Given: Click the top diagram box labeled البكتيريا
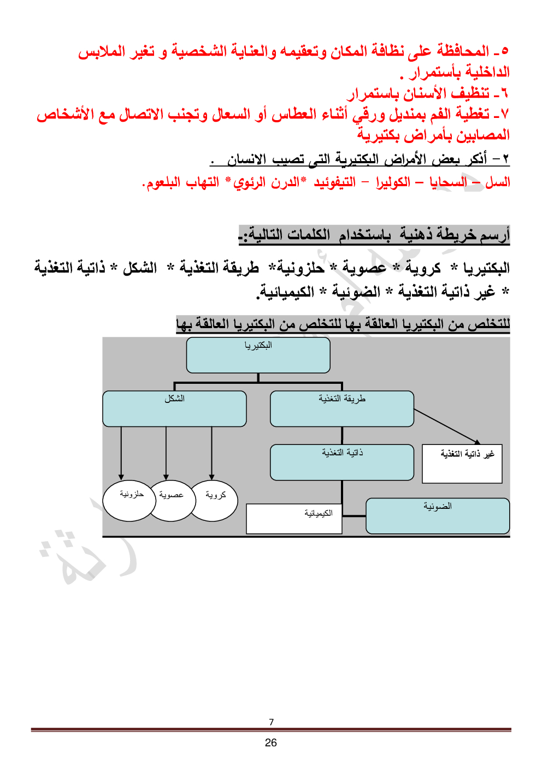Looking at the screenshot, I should (x=258, y=355).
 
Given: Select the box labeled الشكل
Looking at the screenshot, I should (x=174, y=408).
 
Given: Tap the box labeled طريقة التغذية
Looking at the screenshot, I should (x=342, y=408).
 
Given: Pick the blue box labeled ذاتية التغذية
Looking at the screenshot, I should (x=342, y=462).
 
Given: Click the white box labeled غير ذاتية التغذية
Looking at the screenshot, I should (x=462, y=464).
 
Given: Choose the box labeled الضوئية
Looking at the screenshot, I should (x=438, y=516).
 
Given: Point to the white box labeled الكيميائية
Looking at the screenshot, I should (x=294, y=519).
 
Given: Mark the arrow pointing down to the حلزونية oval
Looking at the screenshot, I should (x=121, y=453).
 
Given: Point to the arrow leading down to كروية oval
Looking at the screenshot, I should (x=211, y=453).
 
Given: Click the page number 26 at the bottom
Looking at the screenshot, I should (x=271, y=743).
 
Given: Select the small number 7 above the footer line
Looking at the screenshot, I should (x=271, y=722).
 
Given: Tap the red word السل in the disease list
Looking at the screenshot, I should (x=498, y=182).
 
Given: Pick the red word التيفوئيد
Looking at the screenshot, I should (x=335, y=182).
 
